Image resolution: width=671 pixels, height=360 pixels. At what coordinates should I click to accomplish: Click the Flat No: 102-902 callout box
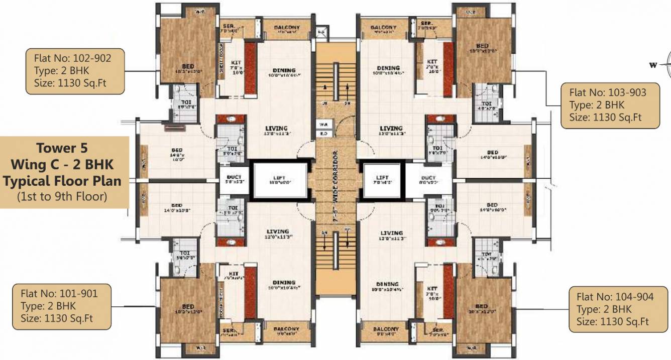click(x=75, y=70)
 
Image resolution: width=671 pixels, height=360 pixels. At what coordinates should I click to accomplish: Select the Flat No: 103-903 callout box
click(x=610, y=105)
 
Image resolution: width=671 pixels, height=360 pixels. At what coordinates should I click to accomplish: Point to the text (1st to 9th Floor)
click(x=63, y=196)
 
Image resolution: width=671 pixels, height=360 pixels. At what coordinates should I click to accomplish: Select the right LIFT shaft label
click(x=383, y=178)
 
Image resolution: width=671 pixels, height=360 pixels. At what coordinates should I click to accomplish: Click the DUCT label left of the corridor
click(x=234, y=177)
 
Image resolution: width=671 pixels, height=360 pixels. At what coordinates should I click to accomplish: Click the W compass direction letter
click(x=653, y=64)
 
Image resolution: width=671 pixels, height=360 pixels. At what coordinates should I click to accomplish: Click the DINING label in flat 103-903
click(x=388, y=68)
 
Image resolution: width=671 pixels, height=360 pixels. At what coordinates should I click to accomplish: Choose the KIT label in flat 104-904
click(x=431, y=289)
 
